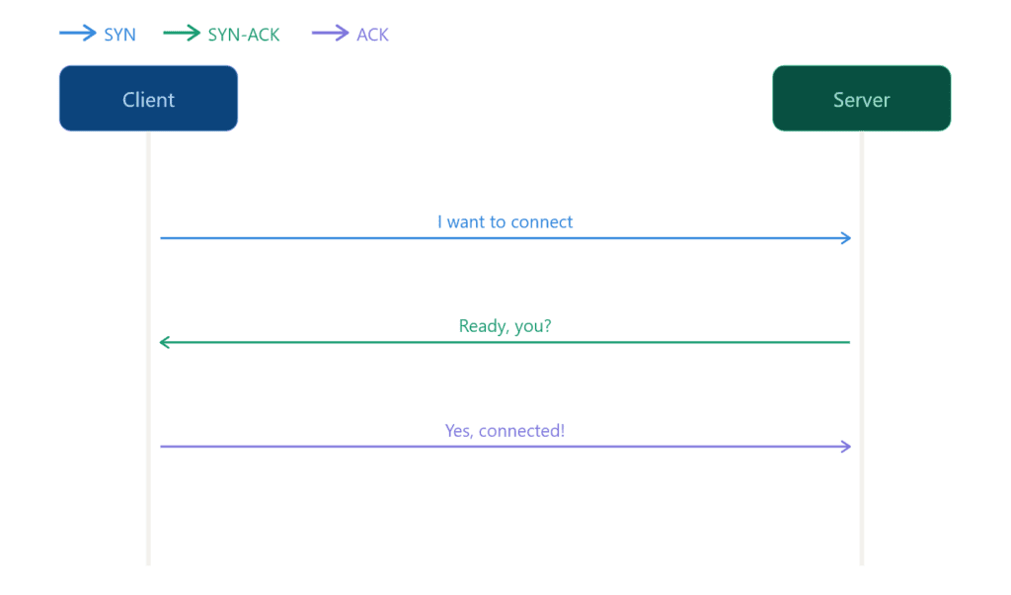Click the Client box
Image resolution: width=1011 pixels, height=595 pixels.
[x=148, y=99]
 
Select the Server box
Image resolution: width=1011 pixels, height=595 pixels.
[x=861, y=99]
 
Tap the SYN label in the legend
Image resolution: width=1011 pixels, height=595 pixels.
[x=119, y=35]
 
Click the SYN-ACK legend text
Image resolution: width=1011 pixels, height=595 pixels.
[x=244, y=35]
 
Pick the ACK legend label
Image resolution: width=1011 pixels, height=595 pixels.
[x=372, y=35]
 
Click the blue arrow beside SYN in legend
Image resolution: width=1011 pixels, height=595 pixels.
[x=78, y=35]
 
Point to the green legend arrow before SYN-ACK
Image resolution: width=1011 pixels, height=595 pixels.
[x=182, y=35]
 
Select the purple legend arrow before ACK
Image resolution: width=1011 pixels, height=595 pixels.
[x=331, y=35]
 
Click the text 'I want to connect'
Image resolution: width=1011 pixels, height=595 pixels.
[x=505, y=221]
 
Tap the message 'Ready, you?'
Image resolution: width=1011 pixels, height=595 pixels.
[x=505, y=325]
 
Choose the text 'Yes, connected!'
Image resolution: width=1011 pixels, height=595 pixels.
[x=505, y=431]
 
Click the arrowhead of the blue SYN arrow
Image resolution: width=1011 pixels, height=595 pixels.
[x=846, y=238]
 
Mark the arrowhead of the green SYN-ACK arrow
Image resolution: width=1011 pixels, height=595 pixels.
[x=164, y=343]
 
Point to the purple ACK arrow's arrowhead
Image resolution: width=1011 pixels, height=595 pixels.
[x=846, y=447]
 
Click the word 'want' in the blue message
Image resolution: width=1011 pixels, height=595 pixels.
[x=465, y=221]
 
